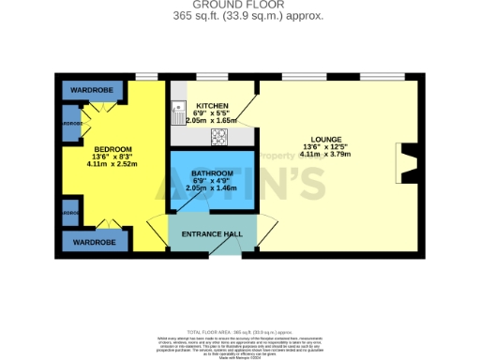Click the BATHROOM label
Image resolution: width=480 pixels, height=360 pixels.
tap(212, 173)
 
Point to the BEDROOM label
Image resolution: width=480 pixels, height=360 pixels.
tap(112, 149)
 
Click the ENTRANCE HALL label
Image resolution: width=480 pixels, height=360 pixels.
tap(212, 232)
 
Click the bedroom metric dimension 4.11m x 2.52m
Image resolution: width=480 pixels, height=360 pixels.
tap(112, 164)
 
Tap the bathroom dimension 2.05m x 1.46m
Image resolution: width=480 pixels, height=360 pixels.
tap(212, 188)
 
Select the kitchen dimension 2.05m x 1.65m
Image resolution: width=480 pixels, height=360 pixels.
tap(213, 121)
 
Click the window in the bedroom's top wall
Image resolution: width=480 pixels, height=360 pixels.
tap(146, 76)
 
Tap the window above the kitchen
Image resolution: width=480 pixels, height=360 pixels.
tap(212, 76)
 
